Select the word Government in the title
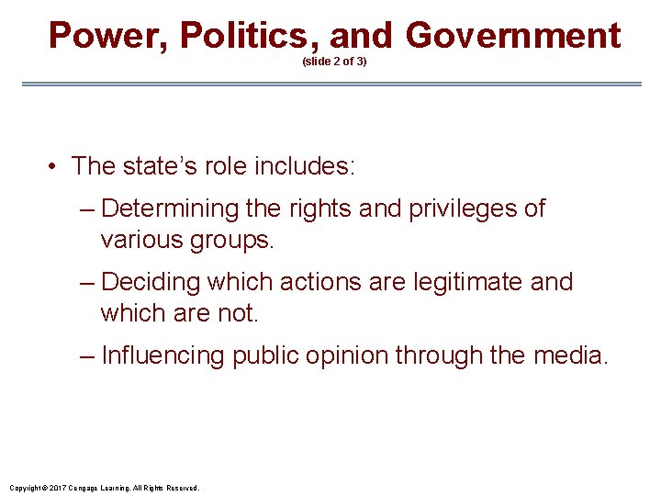(x=513, y=36)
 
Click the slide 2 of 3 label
(x=334, y=62)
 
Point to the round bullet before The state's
(x=56, y=166)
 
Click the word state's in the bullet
(x=161, y=166)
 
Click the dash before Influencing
(x=87, y=355)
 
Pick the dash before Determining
(x=87, y=209)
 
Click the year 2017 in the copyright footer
(x=58, y=488)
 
